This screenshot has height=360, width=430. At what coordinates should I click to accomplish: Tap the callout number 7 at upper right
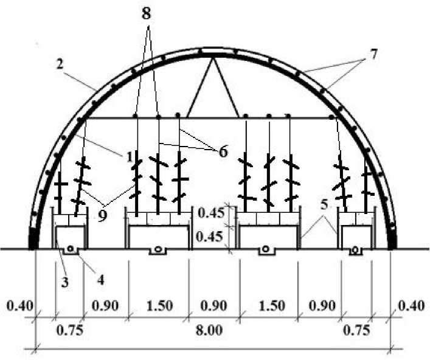372,54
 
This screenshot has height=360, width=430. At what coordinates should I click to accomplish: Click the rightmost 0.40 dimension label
414,305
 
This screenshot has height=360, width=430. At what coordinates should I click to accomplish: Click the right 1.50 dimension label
269,305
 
